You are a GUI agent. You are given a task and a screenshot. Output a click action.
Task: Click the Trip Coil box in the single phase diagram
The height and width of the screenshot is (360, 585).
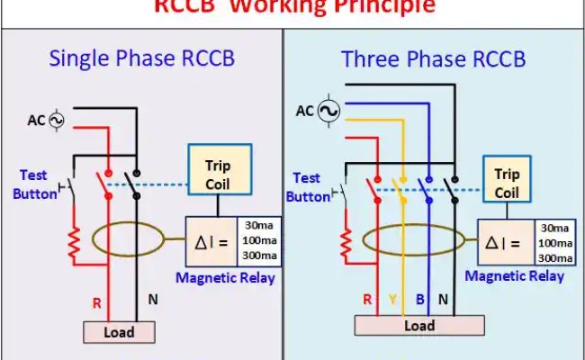coord(218,175)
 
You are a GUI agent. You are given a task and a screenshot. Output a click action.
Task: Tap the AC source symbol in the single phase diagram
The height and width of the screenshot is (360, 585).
coord(57,120)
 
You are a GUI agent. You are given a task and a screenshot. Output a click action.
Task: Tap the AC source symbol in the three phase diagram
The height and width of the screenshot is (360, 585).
coord(329,111)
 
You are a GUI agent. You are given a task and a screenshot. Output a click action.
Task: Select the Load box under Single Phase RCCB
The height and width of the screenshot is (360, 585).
coord(119,331)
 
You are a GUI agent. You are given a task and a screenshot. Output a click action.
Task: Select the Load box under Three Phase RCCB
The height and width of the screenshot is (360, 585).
coord(418,325)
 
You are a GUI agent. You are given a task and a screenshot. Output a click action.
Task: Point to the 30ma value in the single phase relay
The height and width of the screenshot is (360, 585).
coord(256,225)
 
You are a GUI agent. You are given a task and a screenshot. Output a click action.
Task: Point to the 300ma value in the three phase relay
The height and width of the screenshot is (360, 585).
coord(554,258)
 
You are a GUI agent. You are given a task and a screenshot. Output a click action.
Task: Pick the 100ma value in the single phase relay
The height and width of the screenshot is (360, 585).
coord(256,241)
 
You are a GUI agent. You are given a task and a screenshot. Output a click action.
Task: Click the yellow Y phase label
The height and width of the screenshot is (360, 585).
coord(392,300)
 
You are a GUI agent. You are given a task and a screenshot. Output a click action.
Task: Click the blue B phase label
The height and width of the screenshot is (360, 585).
coord(419,300)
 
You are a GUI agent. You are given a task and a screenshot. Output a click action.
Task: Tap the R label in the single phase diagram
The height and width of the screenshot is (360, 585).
coord(96,303)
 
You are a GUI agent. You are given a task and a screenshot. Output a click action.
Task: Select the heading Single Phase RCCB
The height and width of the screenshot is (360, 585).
coord(141,59)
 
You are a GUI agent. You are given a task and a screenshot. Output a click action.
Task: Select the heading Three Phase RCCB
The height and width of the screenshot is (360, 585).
coord(433,59)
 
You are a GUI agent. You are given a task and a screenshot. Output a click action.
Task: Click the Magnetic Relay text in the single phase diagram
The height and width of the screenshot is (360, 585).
coord(225,277)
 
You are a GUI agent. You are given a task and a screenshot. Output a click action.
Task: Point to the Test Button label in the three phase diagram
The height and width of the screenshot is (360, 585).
coord(308,187)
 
